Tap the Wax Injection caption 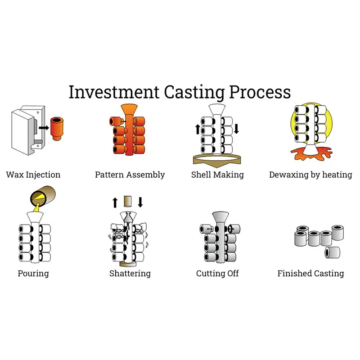click(33, 175)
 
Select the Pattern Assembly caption click(130, 175)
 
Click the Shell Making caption click(217, 175)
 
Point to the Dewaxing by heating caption click(310, 175)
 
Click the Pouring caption click(33, 273)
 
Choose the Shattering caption click(130, 273)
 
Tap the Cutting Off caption click(217, 273)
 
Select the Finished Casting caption click(310, 273)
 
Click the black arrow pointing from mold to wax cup click(44, 127)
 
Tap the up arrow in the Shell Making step click(197, 130)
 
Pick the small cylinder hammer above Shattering click(127, 202)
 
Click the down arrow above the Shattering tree click(140, 202)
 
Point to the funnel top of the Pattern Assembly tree click(130, 110)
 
